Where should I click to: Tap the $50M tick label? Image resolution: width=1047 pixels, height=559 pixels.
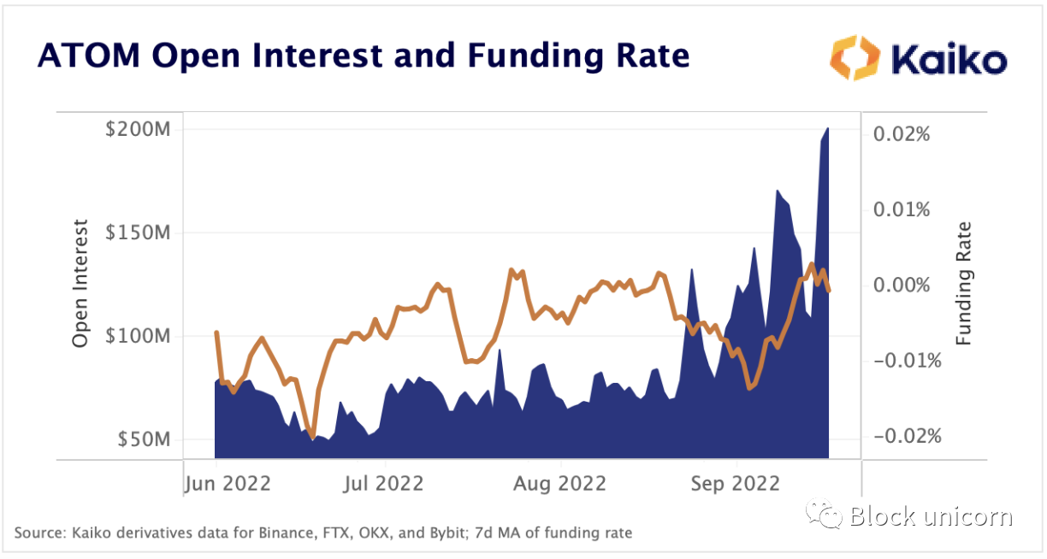144,439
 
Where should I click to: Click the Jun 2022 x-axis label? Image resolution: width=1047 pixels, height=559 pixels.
228,484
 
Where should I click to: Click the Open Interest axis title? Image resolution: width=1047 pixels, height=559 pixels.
80,284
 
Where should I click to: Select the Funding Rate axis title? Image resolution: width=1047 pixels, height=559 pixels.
964,284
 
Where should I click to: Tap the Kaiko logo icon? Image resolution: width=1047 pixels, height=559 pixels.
853,58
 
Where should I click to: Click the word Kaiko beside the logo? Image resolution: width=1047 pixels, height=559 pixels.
949,60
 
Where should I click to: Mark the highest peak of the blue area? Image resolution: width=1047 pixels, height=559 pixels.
827,129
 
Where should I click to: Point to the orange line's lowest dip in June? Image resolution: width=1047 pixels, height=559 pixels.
312,436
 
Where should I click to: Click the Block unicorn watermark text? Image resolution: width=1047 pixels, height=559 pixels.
931,516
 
